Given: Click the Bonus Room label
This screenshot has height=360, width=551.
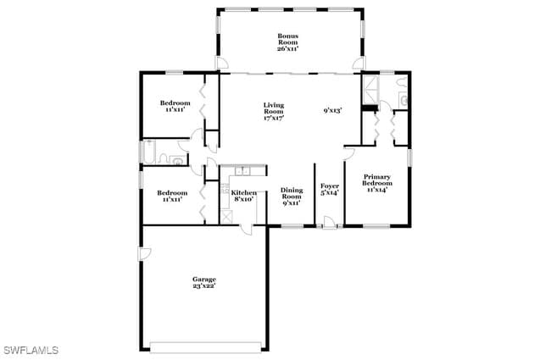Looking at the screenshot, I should tap(287, 42).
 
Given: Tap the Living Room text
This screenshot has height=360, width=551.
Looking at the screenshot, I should tap(273, 112).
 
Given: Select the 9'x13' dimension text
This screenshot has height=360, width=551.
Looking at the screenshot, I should tap(332, 110).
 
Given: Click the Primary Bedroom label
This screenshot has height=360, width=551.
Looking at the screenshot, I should tap(377, 184).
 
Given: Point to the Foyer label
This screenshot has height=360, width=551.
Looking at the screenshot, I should tap(330, 189).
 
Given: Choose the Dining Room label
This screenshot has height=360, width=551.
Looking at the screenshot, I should tap(292, 197).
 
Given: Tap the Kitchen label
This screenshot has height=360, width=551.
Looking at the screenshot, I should tap(244, 196).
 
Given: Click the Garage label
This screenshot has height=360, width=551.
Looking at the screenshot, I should tap(203, 283).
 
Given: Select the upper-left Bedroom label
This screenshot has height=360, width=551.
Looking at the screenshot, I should tap(175, 106).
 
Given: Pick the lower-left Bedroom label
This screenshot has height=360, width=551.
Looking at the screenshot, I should tap(173, 196).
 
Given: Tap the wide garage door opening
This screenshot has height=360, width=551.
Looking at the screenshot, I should tap(203, 345).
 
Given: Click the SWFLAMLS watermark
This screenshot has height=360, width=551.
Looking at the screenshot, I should tap(31, 349).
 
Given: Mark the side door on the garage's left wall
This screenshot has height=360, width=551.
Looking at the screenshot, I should tap(145, 253).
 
